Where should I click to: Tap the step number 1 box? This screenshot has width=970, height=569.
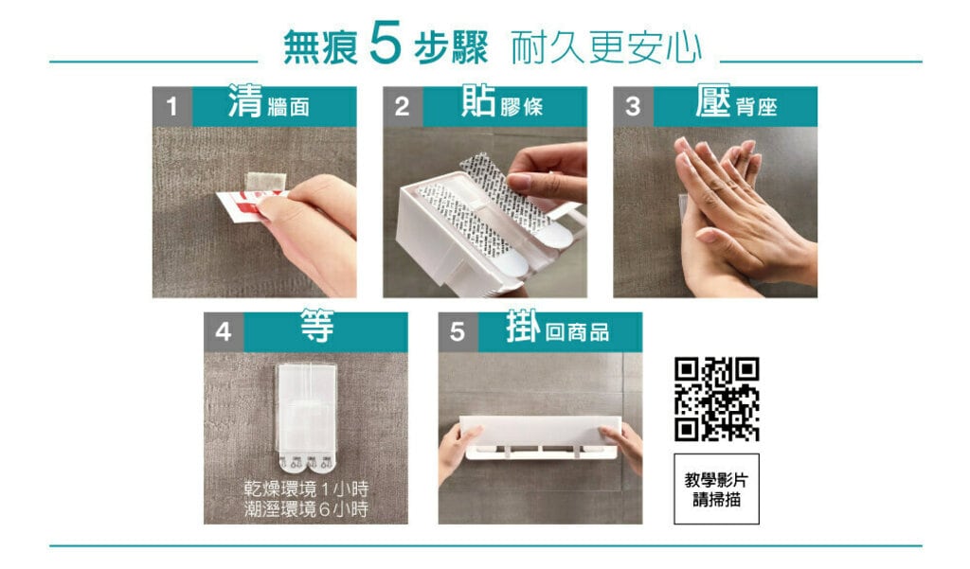(x=172, y=106)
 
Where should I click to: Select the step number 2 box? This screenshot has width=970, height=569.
(x=403, y=106)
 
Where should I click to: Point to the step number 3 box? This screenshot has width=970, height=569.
(x=633, y=106)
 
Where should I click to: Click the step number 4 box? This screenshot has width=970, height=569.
(x=224, y=332)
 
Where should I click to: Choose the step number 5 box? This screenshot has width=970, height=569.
(x=458, y=332)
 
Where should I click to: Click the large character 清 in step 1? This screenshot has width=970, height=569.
(x=245, y=100)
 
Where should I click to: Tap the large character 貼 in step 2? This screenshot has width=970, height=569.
(x=478, y=100)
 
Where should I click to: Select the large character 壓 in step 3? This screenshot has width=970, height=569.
(x=712, y=100)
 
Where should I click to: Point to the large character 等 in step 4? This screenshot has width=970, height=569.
(x=317, y=326)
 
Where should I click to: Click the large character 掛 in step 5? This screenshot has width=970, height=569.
(x=523, y=326)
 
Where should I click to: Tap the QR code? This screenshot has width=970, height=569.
(x=716, y=399)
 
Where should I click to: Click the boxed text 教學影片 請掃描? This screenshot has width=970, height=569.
(x=716, y=489)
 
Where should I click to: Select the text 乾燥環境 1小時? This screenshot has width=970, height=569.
(x=306, y=489)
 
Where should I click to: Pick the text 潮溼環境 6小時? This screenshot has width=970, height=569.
(x=306, y=509)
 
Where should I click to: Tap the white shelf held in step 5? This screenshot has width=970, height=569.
(x=540, y=437)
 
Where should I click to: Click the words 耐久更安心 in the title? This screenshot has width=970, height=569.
(x=606, y=47)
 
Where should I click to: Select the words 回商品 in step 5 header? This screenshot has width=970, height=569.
(x=577, y=332)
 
